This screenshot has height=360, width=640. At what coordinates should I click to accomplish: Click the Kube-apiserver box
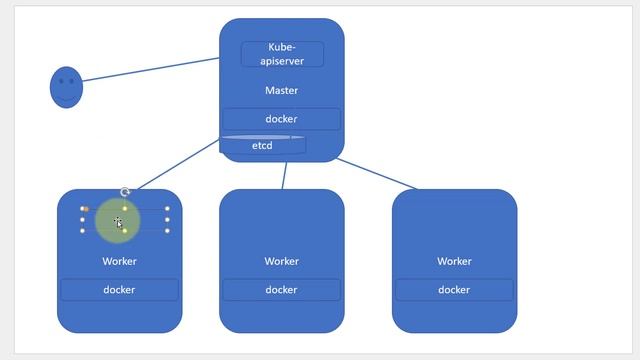282,54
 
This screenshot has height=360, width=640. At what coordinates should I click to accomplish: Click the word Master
282,91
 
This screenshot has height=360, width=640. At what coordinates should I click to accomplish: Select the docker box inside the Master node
282,119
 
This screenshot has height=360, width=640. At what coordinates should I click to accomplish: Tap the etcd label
262,146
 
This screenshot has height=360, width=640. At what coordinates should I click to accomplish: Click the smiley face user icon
66,87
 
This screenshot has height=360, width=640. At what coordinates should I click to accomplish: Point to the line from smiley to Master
150,70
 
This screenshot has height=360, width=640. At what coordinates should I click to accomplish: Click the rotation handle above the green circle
125,192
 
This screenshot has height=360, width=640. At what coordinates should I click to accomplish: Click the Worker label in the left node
120,262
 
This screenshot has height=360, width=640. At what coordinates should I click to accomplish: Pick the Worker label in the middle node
282,262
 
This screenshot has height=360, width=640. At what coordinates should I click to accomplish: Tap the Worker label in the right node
454,262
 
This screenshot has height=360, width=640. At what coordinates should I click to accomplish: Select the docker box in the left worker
120,290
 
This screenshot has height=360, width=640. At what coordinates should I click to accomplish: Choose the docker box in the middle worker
282,290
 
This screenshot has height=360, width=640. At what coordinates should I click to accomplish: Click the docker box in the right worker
454,290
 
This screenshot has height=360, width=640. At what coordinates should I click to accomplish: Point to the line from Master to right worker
378,173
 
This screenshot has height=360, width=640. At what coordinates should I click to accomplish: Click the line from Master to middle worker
284,175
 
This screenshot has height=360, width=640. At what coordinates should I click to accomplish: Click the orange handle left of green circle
85,209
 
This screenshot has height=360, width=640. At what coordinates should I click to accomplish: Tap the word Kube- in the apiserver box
282,47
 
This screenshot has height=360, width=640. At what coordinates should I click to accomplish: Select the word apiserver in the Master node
282,60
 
